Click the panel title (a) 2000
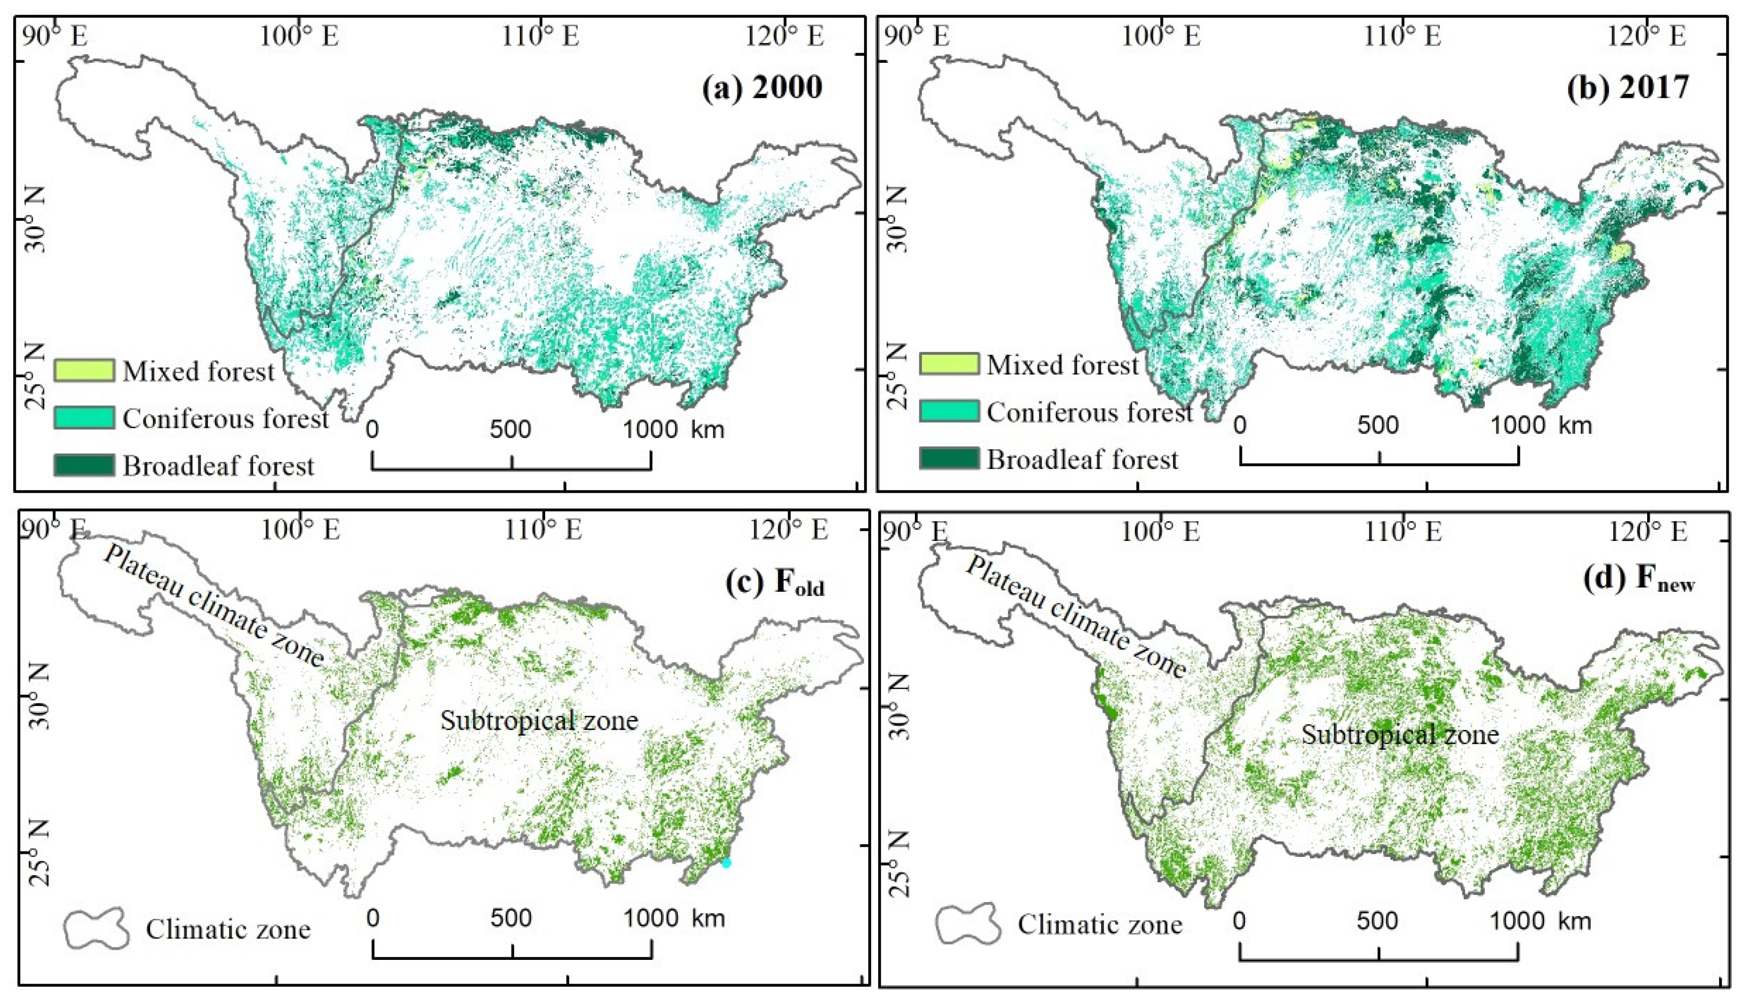(x=762, y=88)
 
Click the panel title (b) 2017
(x=1626, y=88)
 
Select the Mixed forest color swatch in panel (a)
(x=84, y=370)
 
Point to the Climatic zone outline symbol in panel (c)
(x=97, y=928)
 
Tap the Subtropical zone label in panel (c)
(x=539, y=722)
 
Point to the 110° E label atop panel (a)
(x=541, y=36)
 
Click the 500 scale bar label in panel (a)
(x=510, y=429)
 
